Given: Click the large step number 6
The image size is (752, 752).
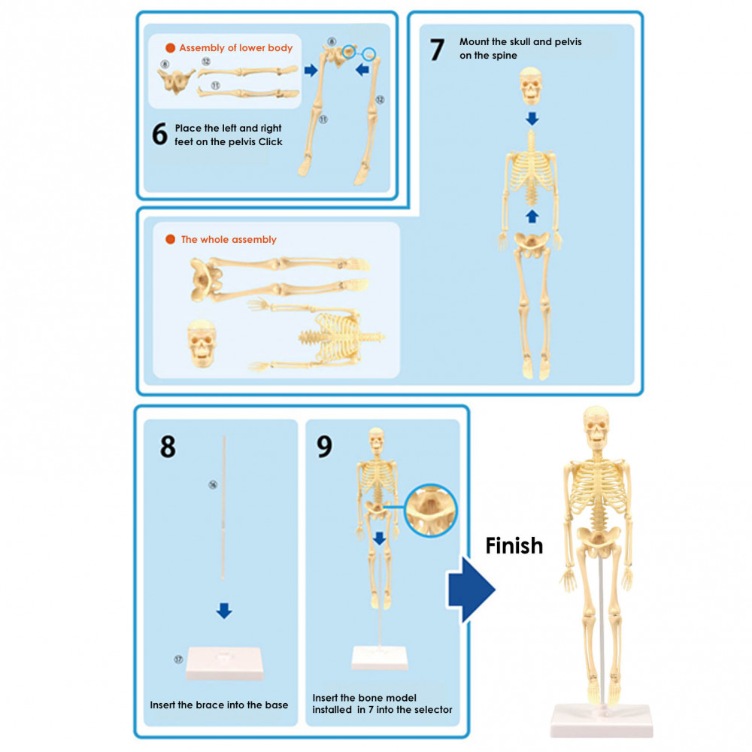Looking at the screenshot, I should [x=159, y=134].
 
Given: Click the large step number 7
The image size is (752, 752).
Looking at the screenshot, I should [x=437, y=50].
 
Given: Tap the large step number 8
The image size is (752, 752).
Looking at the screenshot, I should [x=168, y=446].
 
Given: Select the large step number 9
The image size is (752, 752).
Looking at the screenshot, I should [x=324, y=446].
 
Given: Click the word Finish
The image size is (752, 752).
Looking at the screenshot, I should [x=514, y=545].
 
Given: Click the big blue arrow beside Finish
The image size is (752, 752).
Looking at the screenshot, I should [x=471, y=590].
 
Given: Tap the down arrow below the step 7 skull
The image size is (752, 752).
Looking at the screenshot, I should [x=532, y=118].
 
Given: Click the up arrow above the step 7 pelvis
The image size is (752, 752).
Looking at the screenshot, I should [x=532, y=217].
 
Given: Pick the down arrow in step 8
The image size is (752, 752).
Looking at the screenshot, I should [x=223, y=611].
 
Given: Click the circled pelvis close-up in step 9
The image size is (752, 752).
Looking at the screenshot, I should [x=431, y=510].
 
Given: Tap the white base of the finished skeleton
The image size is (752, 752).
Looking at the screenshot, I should [x=602, y=720].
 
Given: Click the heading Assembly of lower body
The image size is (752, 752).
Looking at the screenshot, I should [x=235, y=48].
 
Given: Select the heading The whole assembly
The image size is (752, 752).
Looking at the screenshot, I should [x=229, y=240].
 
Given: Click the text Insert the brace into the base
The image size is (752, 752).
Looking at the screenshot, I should [x=219, y=705].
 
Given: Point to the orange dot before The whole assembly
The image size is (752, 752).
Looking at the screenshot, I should [x=170, y=240].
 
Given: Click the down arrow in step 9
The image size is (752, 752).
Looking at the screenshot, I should [x=380, y=538].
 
